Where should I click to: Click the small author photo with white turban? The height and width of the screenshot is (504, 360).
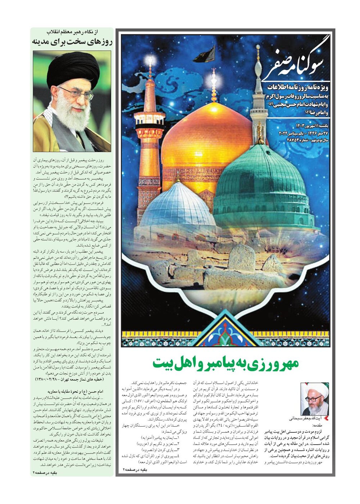coord(315,399)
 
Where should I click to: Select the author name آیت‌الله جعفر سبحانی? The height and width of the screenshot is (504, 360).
coord(305,419)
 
